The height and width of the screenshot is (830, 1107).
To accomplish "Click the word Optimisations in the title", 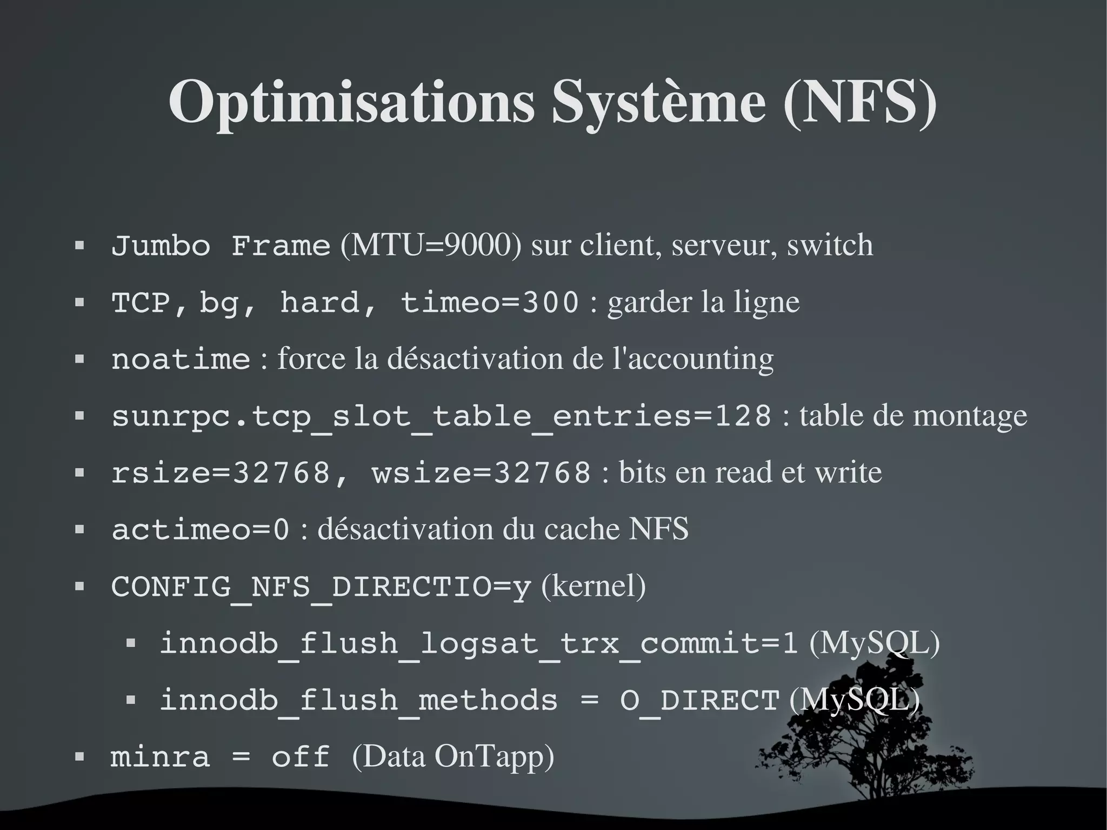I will (351, 103).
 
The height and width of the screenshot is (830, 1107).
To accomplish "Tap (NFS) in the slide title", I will (859, 103).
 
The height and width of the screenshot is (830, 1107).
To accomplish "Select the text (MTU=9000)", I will (431, 246).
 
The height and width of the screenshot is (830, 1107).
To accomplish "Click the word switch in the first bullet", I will (830, 246).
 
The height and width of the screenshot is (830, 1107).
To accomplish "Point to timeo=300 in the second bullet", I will (489, 303).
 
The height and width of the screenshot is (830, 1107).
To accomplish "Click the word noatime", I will (181, 360).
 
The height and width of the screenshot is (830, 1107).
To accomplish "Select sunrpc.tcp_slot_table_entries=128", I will (441, 417).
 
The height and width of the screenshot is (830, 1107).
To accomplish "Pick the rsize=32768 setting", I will (221, 473).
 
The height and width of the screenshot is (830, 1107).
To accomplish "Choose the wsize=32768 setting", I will (481, 473).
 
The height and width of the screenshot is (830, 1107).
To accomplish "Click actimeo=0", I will (200, 530).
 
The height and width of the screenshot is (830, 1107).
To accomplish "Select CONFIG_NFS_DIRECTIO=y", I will (321, 587).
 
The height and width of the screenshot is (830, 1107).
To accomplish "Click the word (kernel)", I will (593, 587).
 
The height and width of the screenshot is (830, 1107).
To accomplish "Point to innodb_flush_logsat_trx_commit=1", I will (478, 644).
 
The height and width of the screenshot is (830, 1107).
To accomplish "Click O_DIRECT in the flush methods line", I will (699, 701).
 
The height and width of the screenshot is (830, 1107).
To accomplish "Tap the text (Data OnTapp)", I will (453, 757).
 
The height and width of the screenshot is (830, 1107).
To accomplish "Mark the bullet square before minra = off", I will (79, 757).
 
